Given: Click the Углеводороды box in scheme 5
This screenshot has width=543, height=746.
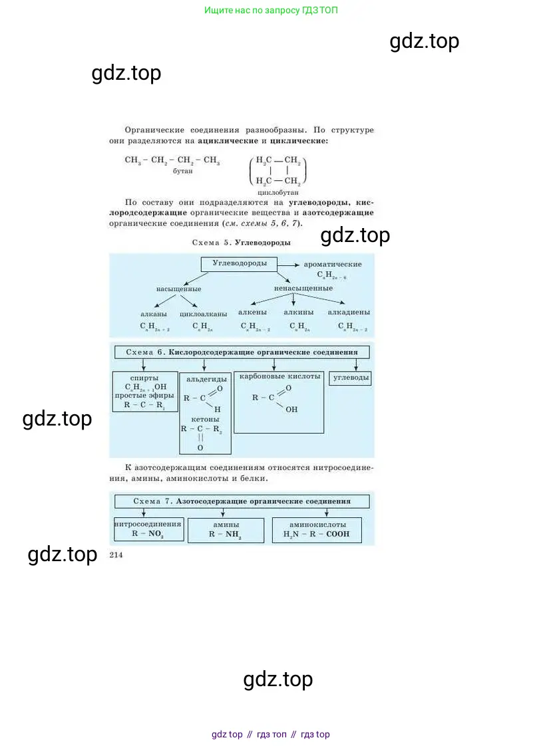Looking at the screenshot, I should click(x=239, y=264).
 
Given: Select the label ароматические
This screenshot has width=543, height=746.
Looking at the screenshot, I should click(x=333, y=264).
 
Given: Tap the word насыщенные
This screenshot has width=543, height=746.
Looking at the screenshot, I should click(x=178, y=289).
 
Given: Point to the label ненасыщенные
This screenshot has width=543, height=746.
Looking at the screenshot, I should click(x=303, y=289).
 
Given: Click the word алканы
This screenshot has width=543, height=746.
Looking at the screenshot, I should click(x=154, y=313).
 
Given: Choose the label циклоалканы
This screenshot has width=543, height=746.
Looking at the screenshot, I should click(x=203, y=313).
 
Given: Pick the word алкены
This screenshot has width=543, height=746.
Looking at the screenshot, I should click(x=253, y=312).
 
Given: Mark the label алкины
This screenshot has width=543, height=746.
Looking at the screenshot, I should click(x=299, y=312).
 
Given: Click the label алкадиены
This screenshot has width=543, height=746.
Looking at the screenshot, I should click(x=349, y=312).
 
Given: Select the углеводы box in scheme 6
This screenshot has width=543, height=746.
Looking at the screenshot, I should click(x=350, y=378).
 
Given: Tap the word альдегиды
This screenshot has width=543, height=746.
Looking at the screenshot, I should click(x=205, y=380).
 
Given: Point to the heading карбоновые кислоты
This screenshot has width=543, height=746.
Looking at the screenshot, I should click(x=279, y=376).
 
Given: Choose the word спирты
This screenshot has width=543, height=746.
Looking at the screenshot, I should click(x=144, y=377).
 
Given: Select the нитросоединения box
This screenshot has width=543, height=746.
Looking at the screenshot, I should click(x=148, y=529).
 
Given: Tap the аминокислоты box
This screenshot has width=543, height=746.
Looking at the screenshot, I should click(x=317, y=529).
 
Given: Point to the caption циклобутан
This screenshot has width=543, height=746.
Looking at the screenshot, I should click(x=279, y=191).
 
